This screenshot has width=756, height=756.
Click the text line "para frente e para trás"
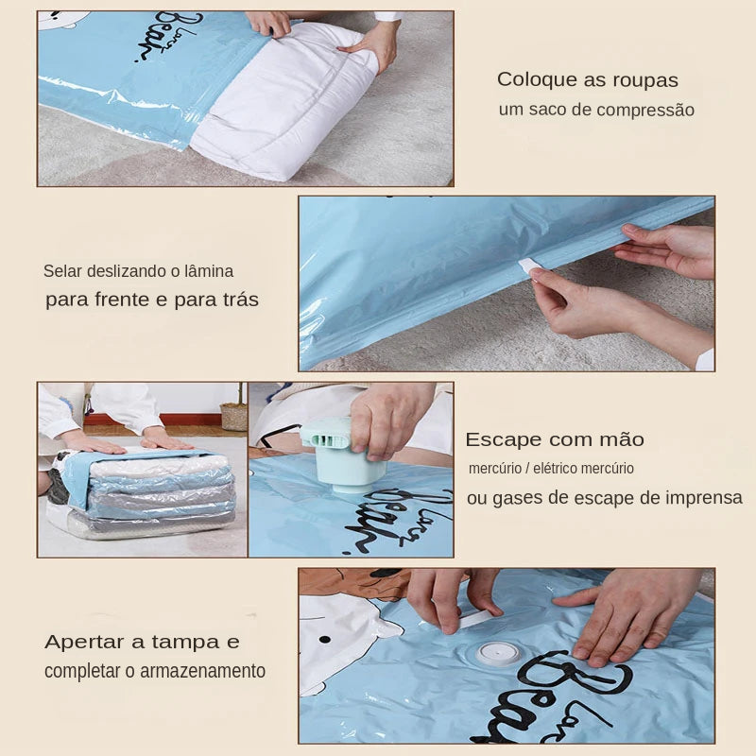tap(151, 301)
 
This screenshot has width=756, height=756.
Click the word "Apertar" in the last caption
tap(85, 642)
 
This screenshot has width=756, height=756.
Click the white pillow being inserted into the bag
tap(283, 104)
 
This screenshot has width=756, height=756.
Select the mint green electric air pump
tap(336, 454)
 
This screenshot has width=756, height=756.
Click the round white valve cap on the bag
tap(498, 653)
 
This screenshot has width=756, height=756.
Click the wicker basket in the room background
tap(233, 416)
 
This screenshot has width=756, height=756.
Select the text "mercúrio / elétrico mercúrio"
tap(551, 469)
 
